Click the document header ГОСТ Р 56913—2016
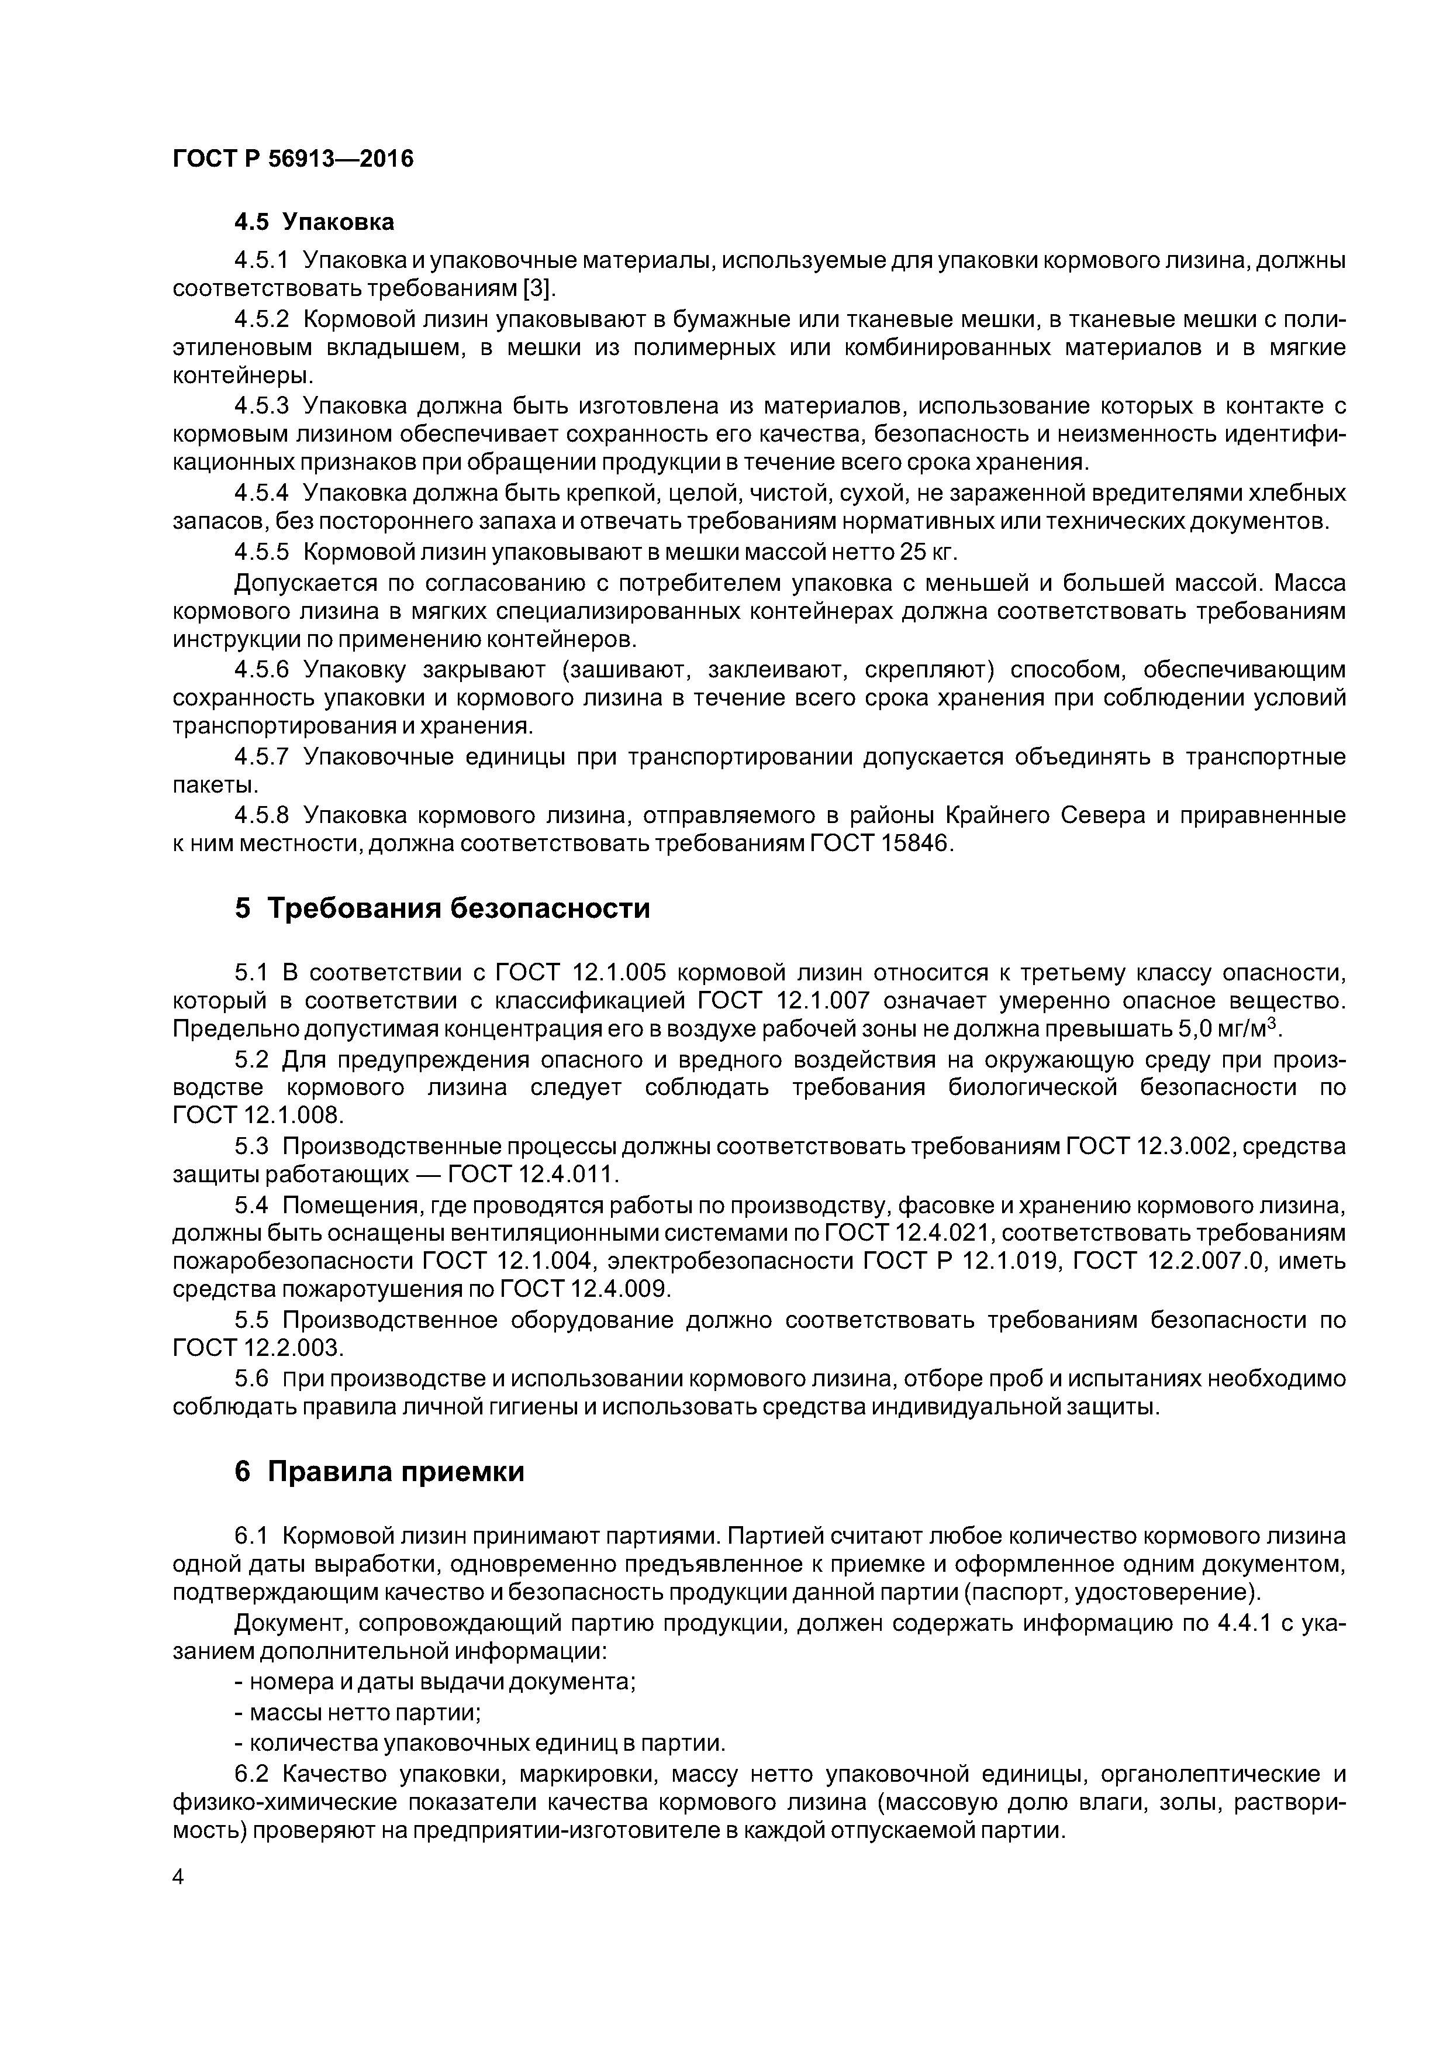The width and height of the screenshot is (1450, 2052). click(x=293, y=159)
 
